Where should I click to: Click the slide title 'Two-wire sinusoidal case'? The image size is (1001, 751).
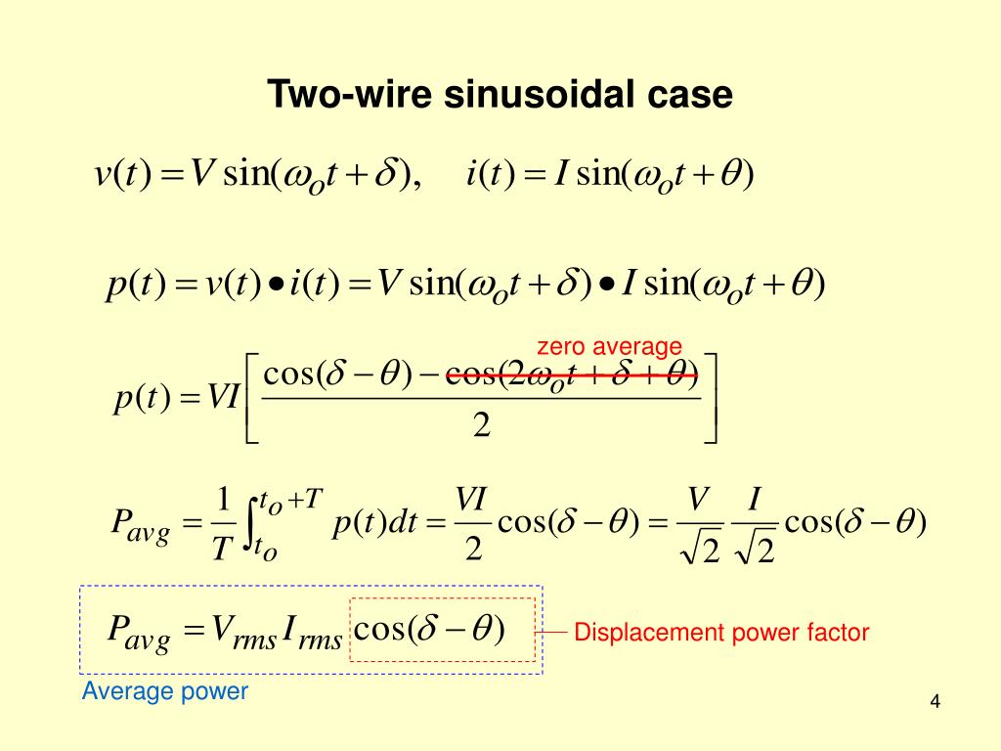coord(500,95)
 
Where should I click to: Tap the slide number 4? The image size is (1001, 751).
coord(935,702)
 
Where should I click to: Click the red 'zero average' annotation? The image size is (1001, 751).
coord(609,346)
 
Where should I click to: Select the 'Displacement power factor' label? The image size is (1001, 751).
coord(721,633)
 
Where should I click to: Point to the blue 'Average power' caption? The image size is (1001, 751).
coord(165,691)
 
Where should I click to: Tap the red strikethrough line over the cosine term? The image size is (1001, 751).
coord(572,374)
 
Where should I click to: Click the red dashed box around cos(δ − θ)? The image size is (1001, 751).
coord(442,630)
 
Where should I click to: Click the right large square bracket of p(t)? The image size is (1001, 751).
coord(711,399)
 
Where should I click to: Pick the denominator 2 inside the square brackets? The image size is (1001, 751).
coord(480,426)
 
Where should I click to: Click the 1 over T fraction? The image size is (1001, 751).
coord(222,525)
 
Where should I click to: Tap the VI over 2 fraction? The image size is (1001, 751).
coord(472,525)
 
